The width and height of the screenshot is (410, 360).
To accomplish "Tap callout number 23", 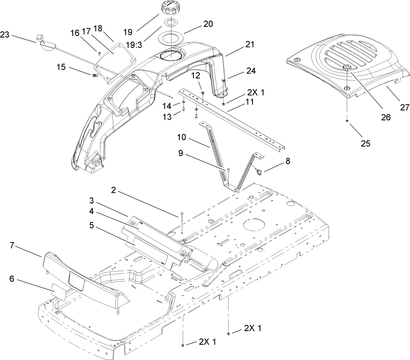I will tap(5, 35).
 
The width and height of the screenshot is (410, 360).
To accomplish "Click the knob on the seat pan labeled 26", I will tap(346, 68).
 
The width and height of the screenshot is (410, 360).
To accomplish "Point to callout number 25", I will tap(365, 144).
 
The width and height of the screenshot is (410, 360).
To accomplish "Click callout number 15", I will tap(61, 67).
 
